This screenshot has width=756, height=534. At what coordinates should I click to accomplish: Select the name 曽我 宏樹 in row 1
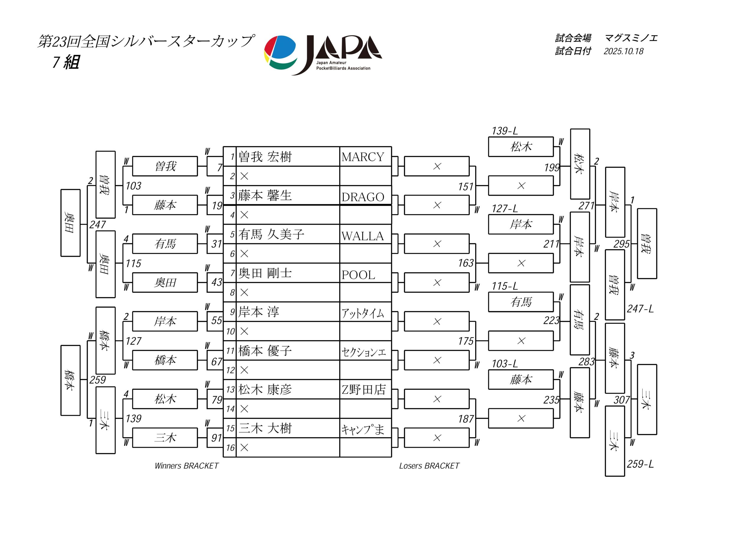[265, 157]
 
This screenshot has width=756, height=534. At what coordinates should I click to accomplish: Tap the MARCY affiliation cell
[363, 157]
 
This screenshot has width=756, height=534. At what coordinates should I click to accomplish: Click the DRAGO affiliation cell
[363, 197]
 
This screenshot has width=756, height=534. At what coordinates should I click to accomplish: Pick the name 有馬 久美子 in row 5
[271, 234]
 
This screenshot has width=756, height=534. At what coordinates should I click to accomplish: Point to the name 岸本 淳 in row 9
[259, 312]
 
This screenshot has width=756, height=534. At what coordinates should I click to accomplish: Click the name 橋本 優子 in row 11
[265, 351]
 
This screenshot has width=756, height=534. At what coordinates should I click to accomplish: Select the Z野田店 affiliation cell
[364, 390]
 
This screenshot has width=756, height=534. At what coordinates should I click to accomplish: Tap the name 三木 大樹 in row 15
[265, 428]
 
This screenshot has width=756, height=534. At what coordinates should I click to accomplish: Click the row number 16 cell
[230, 448]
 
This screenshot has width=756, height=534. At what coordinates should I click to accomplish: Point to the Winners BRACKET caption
[186, 466]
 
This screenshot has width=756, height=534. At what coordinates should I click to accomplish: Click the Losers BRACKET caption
[429, 466]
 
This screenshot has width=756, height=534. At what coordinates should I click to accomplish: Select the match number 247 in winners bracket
[98, 225]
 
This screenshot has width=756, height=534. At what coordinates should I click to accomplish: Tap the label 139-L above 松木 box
[504, 131]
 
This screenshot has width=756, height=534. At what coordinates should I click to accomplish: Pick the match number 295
[621, 244]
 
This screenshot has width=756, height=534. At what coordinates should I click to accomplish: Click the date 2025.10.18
[623, 51]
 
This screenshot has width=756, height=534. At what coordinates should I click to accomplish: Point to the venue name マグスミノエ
[631, 38]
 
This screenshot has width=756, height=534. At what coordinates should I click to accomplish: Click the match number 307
[621, 400]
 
